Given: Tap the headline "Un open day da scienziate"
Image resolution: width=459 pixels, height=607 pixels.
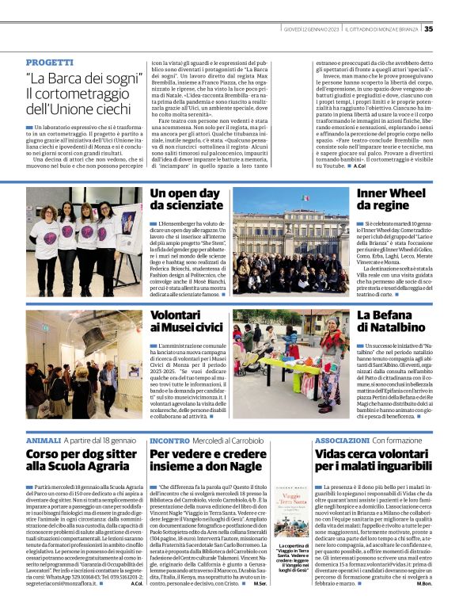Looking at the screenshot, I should pyautogui.click(x=185, y=200).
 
